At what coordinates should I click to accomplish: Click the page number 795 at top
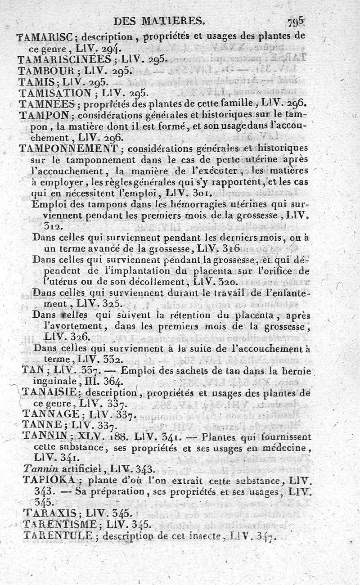click(295, 22)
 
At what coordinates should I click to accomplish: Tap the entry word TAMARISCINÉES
click(64, 59)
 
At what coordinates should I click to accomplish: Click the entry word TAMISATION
click(55, 93)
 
